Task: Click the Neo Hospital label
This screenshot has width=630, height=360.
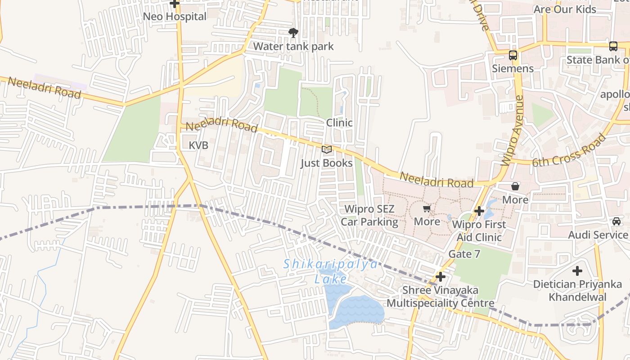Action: (x=175, y=17)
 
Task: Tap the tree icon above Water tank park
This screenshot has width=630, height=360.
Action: (x=293, y=32)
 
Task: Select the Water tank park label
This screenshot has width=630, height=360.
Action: (x=293, y=46)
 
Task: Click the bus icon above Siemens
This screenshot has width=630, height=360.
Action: (x=513, y=55)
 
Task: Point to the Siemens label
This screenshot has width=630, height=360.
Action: (x=513, y=68)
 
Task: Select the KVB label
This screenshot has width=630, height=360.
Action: (x=198, y=145)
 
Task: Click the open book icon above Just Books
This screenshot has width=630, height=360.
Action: (x=327, y=149)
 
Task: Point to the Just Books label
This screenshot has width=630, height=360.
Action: (x=327, y=163)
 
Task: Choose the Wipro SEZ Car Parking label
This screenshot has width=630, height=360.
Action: (x=369, y=216)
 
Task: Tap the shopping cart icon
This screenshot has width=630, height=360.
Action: (x=427, y=209)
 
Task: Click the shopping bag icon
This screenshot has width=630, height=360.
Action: (x=515, y=186)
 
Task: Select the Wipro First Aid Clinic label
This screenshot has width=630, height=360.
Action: (x=479, y=231)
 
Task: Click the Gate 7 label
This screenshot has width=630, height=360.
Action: (x=464, y=254)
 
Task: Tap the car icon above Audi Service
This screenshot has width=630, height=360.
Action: (x=616, y=221)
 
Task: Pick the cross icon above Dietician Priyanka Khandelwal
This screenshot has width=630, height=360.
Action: (x=577, y=271)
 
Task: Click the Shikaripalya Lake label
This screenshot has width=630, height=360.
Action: (x=331, y=271)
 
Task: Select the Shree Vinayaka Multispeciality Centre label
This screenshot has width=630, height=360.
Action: (x=441, y=297)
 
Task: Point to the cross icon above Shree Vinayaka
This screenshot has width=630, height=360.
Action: (x=441, y=277)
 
